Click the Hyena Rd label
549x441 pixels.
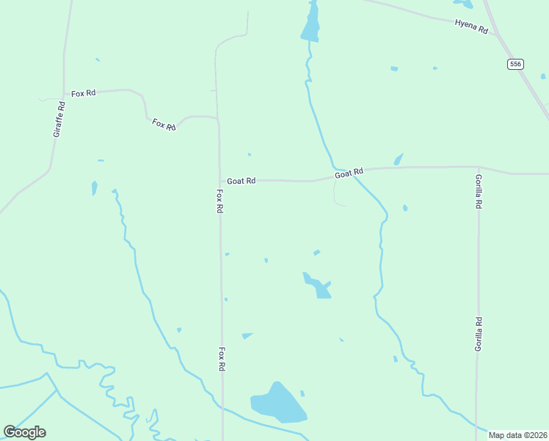point(471,26)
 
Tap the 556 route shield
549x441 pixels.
point(515,65)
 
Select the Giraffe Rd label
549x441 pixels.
point(59,119)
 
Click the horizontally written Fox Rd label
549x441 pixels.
point(84,93)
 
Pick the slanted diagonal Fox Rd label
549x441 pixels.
point(164,124)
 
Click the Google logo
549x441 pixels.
point(24,432)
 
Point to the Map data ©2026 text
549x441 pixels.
point(518,435)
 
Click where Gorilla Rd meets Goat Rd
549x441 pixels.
point(479,168)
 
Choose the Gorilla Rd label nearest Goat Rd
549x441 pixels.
point(479,192)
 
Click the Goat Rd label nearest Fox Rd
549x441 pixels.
point(241,181)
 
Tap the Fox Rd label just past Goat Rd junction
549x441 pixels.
point(219,201)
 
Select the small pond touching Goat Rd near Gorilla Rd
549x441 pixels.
point(399,159)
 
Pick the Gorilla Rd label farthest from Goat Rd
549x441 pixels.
point(478,334)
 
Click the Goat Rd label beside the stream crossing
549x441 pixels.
point(349,173)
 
